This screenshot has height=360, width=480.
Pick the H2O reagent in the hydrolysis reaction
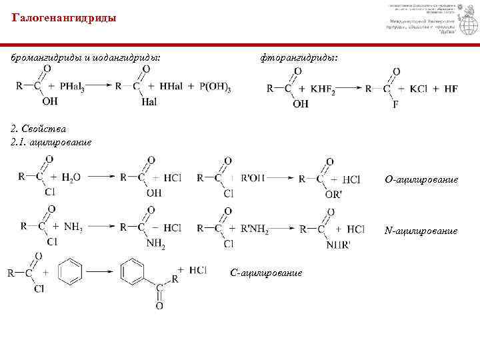point(71,177)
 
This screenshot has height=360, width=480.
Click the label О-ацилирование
point(421,180)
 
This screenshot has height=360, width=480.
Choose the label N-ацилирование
point(421,231)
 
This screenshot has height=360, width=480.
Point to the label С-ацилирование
point(266,273)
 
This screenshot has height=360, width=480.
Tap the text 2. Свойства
point(39,128)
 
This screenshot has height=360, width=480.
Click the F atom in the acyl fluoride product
point(395,105)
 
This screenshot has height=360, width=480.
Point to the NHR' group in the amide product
point(339,245)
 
